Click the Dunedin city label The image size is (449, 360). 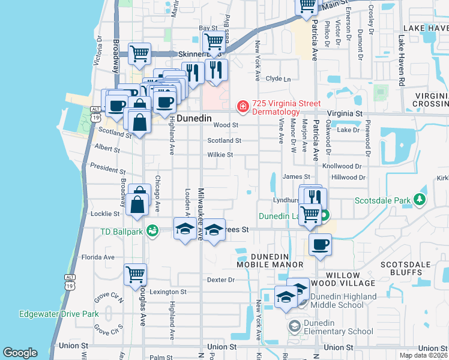193,119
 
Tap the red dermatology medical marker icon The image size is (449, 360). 243,107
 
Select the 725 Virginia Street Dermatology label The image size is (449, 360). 276,107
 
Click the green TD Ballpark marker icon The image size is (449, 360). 152,230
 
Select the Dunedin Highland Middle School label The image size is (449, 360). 340,301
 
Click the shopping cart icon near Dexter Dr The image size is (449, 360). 135,275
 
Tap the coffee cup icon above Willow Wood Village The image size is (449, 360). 320,244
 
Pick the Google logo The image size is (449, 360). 20,353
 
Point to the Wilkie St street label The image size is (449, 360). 220,155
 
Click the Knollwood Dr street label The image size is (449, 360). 343,166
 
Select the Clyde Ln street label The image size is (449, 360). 278,79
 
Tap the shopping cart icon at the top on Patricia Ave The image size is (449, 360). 307,5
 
